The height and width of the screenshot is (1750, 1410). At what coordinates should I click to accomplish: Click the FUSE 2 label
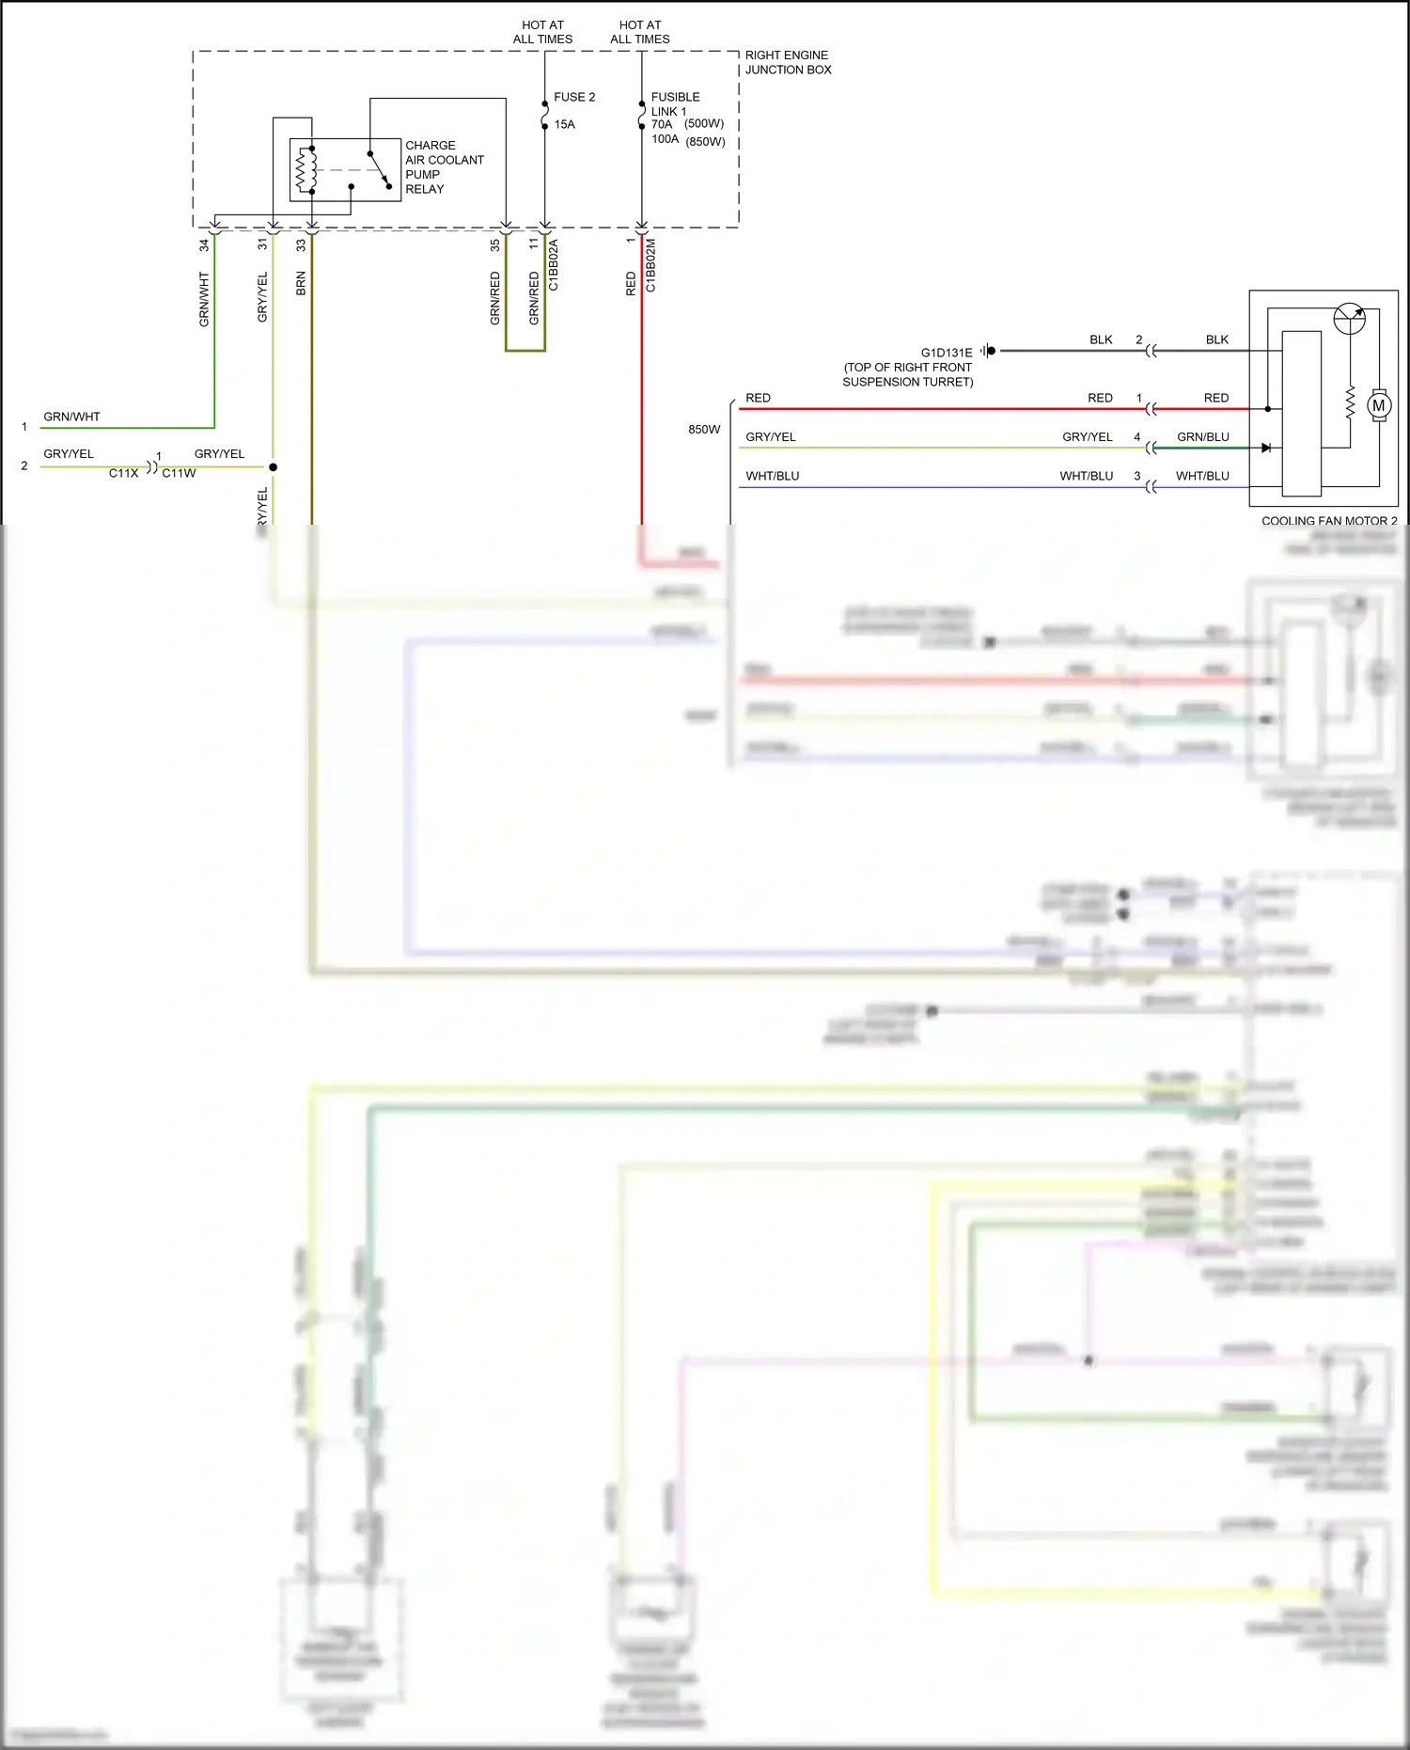coord(573,97)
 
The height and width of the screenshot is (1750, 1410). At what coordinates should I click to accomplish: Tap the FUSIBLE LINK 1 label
coord(674,103)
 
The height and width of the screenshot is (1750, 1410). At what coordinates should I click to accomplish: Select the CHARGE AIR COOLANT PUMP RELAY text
coord(444,167)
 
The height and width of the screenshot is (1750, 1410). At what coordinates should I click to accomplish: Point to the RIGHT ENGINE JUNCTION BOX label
coord(788,62)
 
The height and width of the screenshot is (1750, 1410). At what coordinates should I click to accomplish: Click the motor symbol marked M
coord(1378,406)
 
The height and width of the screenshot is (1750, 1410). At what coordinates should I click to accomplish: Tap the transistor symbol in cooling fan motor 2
coord(1350,319)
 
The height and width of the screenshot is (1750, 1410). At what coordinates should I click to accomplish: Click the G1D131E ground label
coord(946,353)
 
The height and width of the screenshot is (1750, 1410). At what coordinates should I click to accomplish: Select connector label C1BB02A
coord(554,265)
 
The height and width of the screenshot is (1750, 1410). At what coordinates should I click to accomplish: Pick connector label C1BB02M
coord(650,265)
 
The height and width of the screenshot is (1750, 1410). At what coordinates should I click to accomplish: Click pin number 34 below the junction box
coord(204,245)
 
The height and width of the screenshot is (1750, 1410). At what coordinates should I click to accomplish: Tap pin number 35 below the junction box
coord(495,245)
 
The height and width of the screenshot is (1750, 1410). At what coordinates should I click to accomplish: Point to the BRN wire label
coord(301,283)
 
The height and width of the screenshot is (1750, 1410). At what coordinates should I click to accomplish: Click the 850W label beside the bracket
coord(703,430)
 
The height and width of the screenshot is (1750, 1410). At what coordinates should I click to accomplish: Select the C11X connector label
coord(123,473)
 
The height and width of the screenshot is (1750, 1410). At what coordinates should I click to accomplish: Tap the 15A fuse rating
coord(564,124)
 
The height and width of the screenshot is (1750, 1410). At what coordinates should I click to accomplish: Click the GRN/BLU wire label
coord(1202,437)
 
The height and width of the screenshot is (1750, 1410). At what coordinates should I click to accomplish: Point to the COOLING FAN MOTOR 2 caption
coord(1328,520)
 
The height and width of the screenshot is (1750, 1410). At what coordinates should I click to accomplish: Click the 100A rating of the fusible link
coord(665,139)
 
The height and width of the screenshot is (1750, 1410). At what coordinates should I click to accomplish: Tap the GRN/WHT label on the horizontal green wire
coord(71,417)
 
